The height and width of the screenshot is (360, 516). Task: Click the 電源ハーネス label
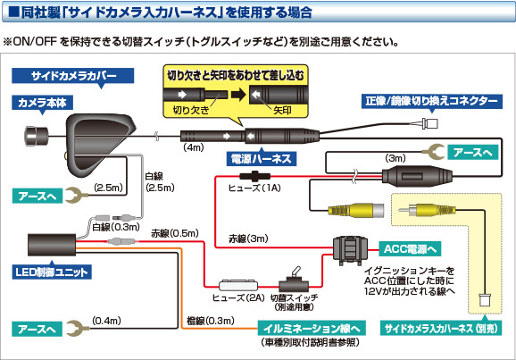[237, 157]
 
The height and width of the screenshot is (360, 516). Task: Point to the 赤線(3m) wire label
[246, 239]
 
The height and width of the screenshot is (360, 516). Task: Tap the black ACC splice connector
[353, 251]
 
